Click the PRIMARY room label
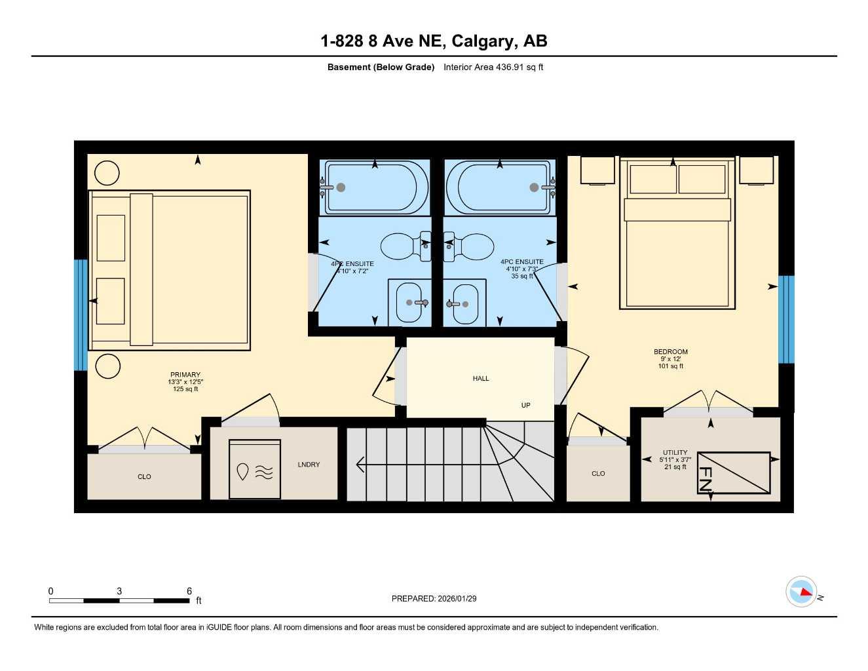[185, 375]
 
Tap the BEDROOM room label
[671, 352]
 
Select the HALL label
[481, 379]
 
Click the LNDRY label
[309, 465]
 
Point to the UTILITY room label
[675, 453]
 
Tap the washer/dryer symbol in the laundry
[254, 469]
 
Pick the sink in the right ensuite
[464, 303]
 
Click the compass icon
[802, 592]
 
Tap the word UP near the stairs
[525, 406]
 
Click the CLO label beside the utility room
[598, 474]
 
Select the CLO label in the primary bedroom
[144, 477]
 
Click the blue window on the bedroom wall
[786, 319]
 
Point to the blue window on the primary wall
[81, 315]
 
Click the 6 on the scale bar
[189, 591]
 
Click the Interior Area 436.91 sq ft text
[493, 67]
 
